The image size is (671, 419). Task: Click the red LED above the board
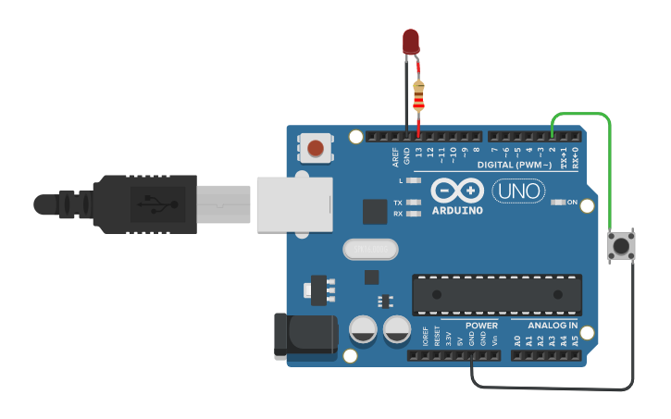pos(411,41)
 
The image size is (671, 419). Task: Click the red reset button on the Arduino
pos(316,147)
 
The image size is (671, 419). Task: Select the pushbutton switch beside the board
pos(620,247)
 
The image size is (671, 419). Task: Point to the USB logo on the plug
pos(151,202)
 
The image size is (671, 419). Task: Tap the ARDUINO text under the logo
pos(457,211)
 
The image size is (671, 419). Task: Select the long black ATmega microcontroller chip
pos(497,293)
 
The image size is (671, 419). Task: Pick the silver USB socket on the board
pos(294,203)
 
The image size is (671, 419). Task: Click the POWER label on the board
pos(481,326)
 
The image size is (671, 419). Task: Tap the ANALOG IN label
pos(553,326)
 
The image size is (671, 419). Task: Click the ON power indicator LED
pos(557,202)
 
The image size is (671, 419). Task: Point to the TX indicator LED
pos(414,203)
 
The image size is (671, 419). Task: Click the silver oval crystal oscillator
pos(369,249)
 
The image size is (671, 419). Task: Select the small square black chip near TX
pos(375,212)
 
